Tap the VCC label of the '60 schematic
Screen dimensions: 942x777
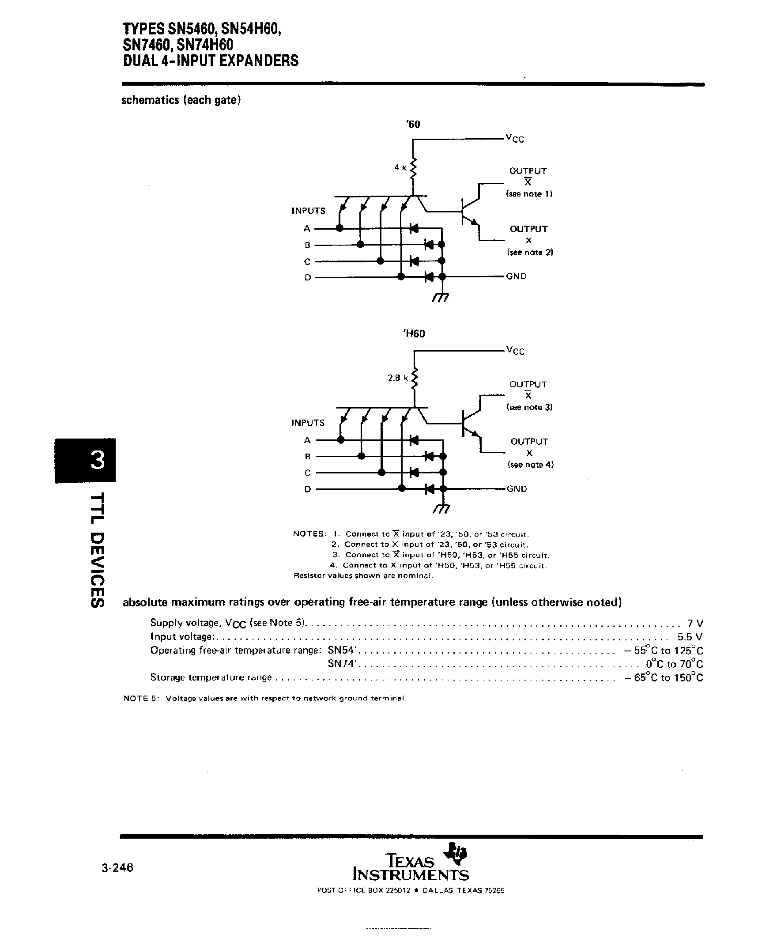pos(515,138)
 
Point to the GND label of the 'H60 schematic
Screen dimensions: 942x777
pos(517,488)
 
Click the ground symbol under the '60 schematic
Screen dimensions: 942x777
pos(441,297)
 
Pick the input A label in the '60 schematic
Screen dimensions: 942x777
pos(307,229)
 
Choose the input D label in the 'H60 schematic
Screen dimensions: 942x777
pos(307,489)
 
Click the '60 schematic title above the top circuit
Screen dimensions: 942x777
pos(413,124)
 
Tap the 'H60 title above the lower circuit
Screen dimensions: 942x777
pos(414,333)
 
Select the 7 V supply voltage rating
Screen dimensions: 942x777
pos(695,623)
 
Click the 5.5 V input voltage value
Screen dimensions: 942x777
pos(690,637)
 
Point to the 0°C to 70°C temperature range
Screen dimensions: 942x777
pos(674,663)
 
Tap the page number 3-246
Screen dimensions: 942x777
pos(118,868)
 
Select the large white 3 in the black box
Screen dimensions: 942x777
pos(98,460)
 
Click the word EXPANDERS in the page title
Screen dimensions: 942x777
pos(253,61)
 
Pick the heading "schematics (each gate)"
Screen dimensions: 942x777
pos(181,100)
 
